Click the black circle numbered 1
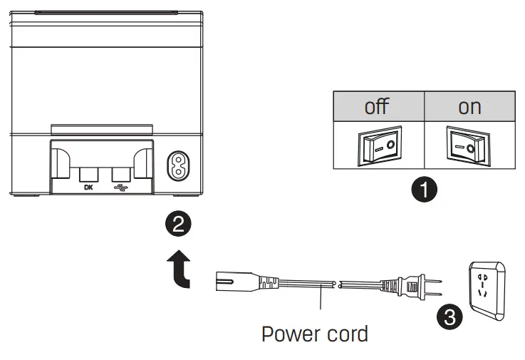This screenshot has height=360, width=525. (x=425, y=190)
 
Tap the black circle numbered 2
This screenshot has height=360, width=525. (x=178, y=225)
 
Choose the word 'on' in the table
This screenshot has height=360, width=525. (x=469, y=107)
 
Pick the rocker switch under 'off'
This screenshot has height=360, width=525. (x=379, y=147)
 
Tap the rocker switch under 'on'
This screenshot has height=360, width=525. (x=469, y=147)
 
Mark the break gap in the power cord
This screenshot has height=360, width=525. (x=336, y=283)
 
